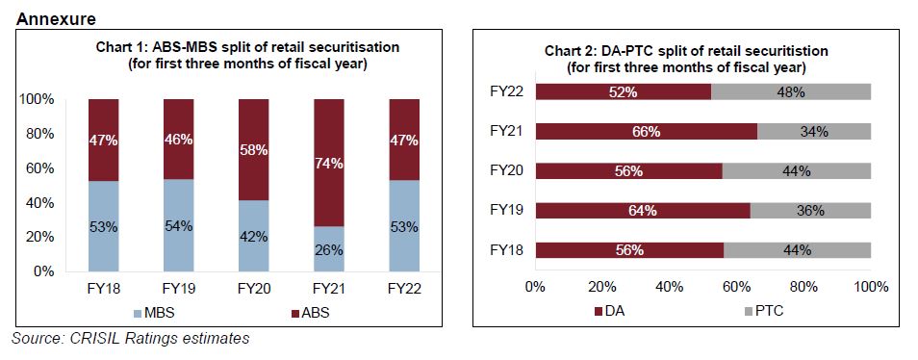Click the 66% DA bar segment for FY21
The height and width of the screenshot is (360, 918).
647,131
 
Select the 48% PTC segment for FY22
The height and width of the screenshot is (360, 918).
790,91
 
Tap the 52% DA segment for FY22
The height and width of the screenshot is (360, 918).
624,91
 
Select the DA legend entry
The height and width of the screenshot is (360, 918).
617,312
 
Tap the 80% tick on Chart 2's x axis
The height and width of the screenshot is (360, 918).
803,286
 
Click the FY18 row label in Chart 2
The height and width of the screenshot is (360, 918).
505,250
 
